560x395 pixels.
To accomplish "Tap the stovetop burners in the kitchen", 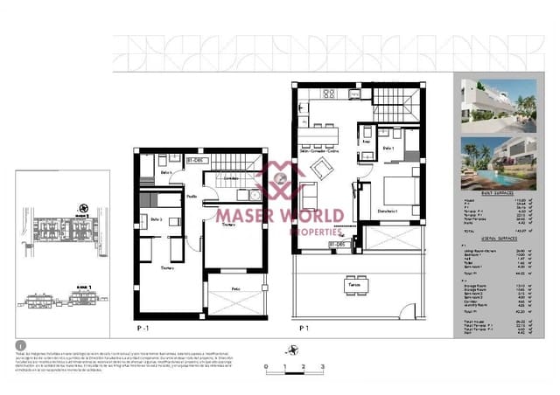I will pyautogui.click(x=332, y=94).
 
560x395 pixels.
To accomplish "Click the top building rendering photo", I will pyautogui.click(x=495, y=103).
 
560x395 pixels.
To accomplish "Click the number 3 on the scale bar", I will pyautogui.click(x=322, y=367).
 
